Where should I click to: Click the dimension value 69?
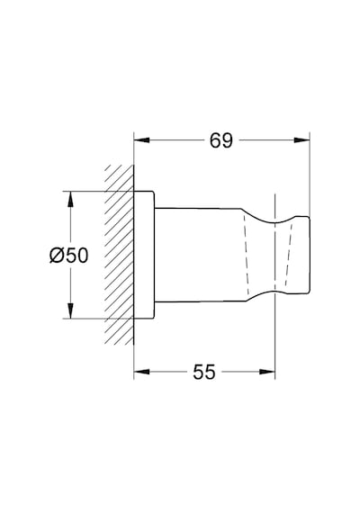[x=220, y=140]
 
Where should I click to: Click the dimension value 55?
[x=204, y=372]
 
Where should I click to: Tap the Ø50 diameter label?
[x=68, y=256]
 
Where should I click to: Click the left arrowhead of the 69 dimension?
[x=141, y=140]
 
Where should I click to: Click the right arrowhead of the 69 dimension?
[x=301, y=140]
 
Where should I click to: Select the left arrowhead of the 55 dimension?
[x=141, y=372]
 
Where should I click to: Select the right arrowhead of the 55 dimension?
[x=267, y=372]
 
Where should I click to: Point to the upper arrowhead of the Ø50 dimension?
[x=70, y=199]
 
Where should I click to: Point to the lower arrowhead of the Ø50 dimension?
[x=70, y=310]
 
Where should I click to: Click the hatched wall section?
[x=120, y=255]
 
